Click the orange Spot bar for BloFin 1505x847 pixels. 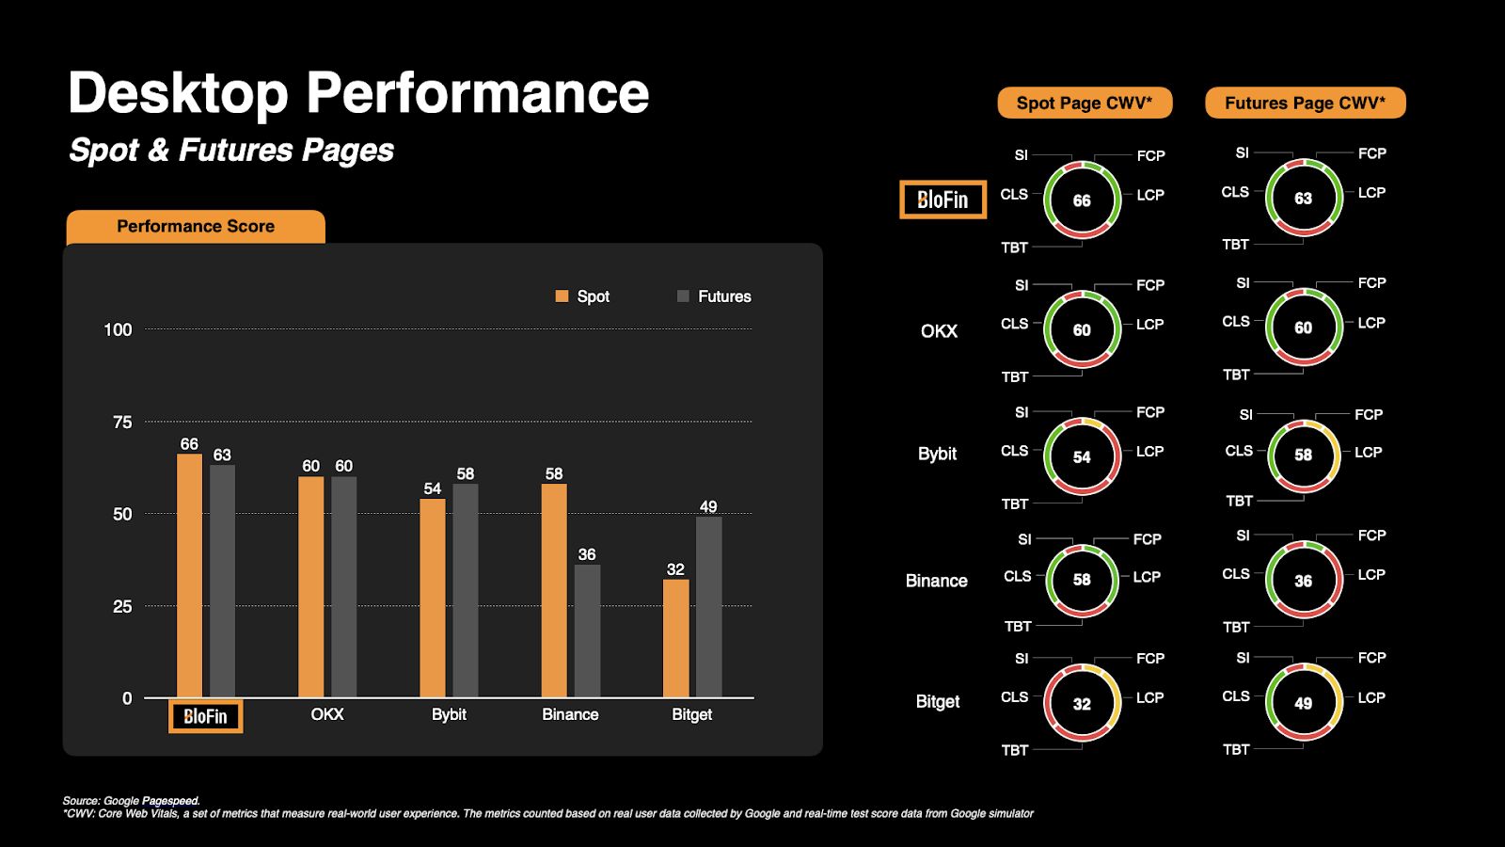point(189,576)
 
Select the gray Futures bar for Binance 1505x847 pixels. point(587,631)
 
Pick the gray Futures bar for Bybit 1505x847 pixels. point(465,590)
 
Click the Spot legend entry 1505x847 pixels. point(583,296)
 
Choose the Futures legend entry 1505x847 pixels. point(714,296)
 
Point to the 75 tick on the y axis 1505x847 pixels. point(122,423)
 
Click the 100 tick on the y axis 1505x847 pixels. point(118,330)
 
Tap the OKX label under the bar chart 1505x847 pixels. point(327,714)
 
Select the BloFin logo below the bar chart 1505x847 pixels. point(205,716)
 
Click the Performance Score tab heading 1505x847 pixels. point(196,227)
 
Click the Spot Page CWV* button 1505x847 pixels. point(1085,104)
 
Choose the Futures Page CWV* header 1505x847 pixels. point(1305,104)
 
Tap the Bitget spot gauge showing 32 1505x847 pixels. point(1082,703)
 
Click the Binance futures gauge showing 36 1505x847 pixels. point(1303,581)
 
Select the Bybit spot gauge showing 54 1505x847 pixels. point(1082,456)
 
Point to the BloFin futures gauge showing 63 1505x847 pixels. point(1303,199)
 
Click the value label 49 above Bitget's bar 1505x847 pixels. point(708,506)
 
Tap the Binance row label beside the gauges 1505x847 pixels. point(936,581)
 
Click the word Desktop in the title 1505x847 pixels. point(178,93)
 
